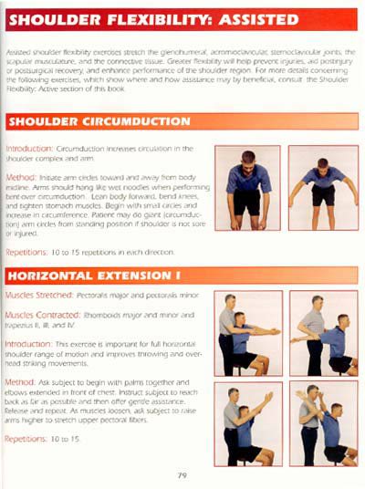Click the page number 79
pos(182,474)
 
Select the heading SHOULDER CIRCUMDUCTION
pos(99,120)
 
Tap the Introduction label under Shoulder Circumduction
pos(29,147)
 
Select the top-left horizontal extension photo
pos(247,332)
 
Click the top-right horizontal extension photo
pos(323,332)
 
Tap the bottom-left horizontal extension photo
pos(247,423)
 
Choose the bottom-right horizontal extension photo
pos(323,423)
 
